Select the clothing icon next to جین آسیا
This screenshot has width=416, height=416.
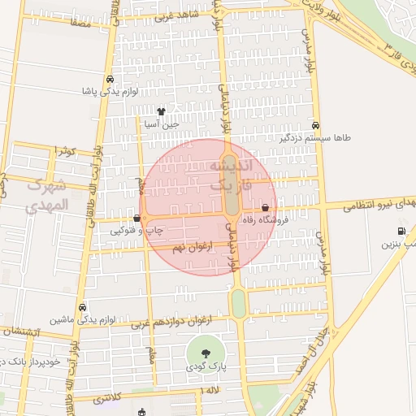161,112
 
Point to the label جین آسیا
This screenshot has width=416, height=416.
160,125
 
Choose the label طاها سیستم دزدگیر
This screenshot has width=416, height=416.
315,138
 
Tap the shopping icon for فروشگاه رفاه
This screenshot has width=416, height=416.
266,207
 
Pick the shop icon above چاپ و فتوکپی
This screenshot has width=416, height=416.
136,218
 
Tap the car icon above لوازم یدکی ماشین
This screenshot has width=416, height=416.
84,308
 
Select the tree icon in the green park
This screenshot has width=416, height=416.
204,353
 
